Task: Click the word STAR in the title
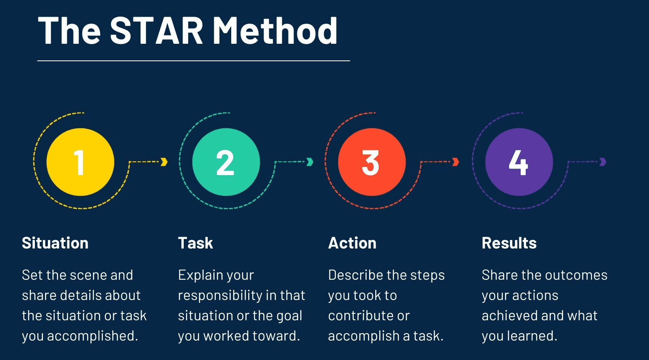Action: (157, 30)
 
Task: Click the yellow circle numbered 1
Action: (80, 162)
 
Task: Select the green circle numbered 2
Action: (226, 162)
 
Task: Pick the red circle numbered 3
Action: (372, 162)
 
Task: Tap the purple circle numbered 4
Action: (519, 162)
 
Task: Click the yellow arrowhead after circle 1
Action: (164, 162)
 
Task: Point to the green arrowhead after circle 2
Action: (310, 162)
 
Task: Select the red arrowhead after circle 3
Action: (456, 162)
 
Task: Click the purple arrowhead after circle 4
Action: (603, 162)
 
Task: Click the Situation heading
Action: (55, 243)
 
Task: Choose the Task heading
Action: (196, 243)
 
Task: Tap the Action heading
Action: (352, 243)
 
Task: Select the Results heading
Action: (509, 243)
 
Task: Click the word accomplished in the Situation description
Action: (92, 336)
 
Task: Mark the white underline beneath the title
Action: (193, 61)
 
